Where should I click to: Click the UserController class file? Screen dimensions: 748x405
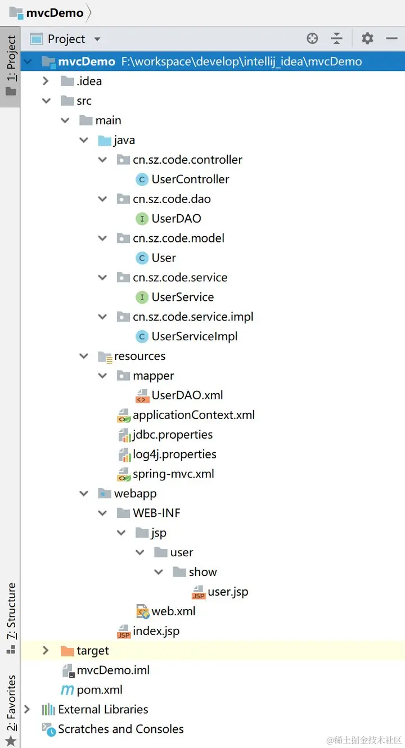190,179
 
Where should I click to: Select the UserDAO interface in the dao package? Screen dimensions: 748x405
176,219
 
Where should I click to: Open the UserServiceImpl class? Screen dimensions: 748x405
194,336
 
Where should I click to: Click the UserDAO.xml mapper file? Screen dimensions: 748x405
187,395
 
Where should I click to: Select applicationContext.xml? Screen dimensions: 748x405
193,415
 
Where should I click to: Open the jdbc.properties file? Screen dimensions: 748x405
173,435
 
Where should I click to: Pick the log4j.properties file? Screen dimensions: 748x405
174,454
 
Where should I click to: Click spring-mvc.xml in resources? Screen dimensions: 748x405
173,474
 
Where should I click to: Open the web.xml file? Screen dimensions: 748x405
173,611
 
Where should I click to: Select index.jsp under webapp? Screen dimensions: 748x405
156,631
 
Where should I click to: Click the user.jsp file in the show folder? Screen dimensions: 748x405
228,592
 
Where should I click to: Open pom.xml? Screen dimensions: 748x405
100,690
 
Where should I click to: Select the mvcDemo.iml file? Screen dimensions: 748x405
113,670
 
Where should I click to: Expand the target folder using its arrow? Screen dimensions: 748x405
46,651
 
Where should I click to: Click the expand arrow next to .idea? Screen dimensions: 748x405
46,81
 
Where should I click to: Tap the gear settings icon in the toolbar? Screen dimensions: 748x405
367,38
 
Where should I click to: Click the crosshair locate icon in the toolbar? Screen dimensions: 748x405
312,38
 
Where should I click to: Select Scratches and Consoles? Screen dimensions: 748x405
120,729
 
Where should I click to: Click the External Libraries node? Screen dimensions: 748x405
103,710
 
